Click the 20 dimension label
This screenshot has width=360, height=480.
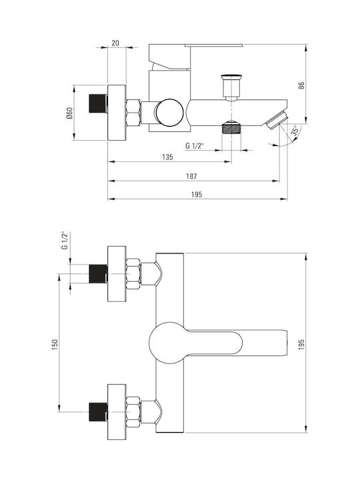click(x=115, y=43)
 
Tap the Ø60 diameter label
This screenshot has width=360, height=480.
click(x=69, y=113)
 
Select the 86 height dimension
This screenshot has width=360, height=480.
click(x=301, y=85)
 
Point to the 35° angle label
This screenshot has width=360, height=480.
click(x=295, y=130)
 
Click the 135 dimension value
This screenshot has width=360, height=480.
click(x=167, y=157)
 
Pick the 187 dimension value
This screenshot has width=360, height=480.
click(x=191, y=176)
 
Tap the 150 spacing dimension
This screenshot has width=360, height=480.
click(x=55, y=345)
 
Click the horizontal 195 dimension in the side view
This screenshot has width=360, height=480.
click(x=197, y=195)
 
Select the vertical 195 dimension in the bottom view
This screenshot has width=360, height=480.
click(x=301, y=345)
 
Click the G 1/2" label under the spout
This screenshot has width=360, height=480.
click(x=195, y=146)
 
